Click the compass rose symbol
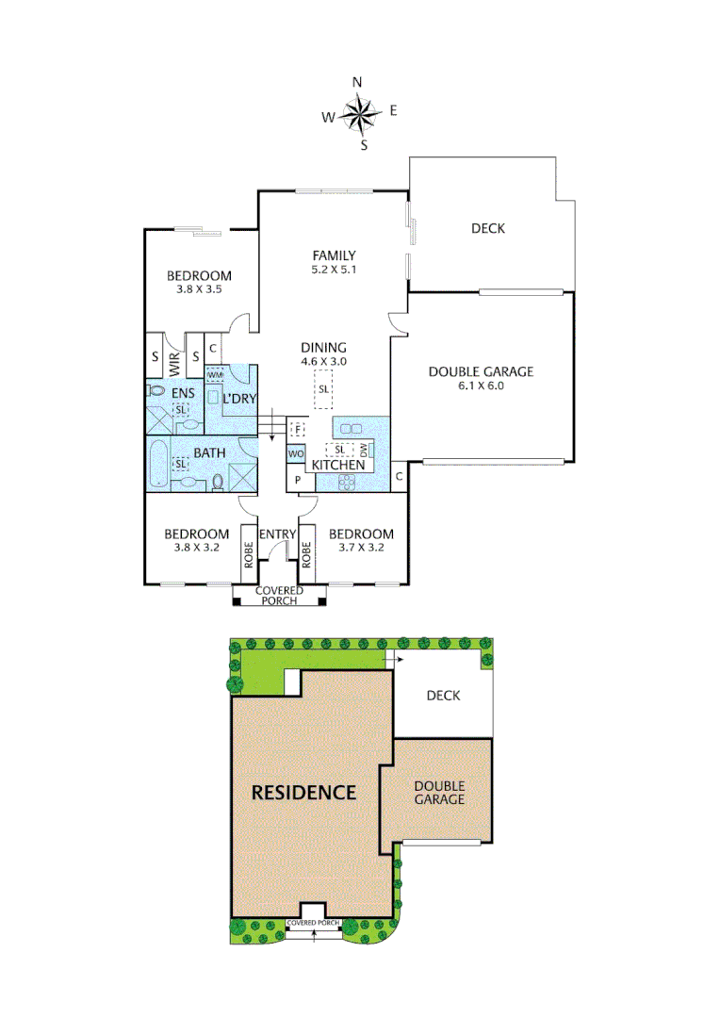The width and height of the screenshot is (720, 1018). [x=358, y=115]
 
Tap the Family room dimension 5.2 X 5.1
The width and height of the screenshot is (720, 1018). [x=335, y=270]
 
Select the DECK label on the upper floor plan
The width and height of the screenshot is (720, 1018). [x=487, y=228]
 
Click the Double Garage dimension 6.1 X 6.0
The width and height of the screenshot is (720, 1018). [x=481, y=386]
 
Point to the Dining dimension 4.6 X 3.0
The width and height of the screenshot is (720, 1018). [x=324, y=361]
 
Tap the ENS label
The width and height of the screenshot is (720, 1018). [x=181, y=392]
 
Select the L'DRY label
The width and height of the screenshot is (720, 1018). [x=239, y=399]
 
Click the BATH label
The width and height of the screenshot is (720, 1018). [x=209, y=452]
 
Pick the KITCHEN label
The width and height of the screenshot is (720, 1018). [x=338, y=466]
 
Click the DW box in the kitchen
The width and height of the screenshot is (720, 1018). [x=364, y=450]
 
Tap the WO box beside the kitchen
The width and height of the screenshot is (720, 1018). [x=296, y=453]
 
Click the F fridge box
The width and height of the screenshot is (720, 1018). [x=298, y=429]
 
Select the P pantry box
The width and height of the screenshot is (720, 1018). [x=298, y=480]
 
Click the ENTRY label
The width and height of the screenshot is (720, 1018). [x=278, y=534]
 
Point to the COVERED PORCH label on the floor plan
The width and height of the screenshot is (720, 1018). [x=279, y=596]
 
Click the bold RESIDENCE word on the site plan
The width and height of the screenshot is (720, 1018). [x=303, y=792]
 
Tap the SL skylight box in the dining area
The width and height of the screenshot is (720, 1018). [x=324, y=388]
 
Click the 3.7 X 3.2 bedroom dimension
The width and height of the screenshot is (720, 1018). [x=362, y=547]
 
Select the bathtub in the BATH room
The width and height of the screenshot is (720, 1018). [x=158, y=464]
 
